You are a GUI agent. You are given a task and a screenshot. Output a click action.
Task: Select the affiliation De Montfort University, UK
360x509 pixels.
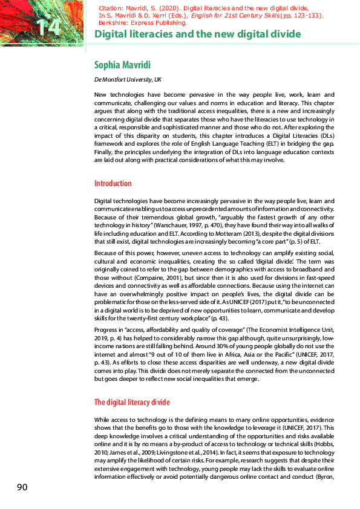pyautogui.click(x=128, y=80)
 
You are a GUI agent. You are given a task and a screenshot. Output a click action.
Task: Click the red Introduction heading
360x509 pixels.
pyautogui.click(x=113, y=183)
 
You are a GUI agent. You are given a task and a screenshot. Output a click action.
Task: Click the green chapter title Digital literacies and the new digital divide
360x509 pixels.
pyautogui.click(x=198, y=34)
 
